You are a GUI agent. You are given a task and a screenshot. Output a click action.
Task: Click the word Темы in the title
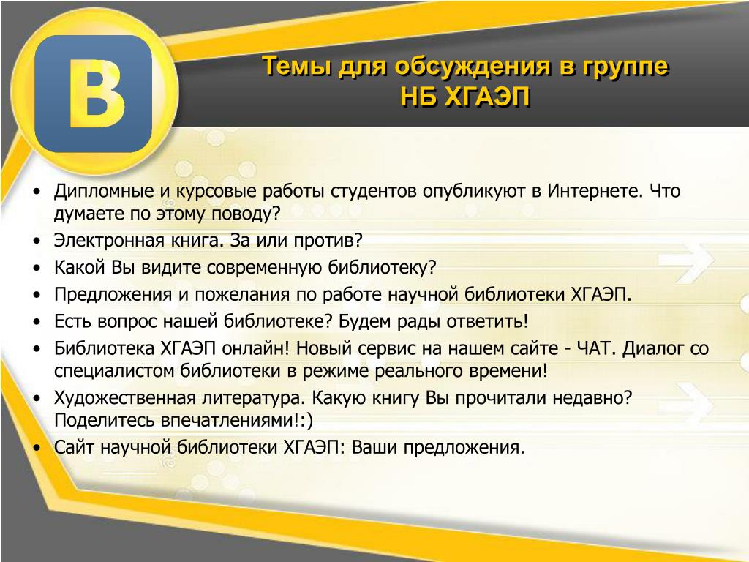pyautogui.click(x=297, y=65)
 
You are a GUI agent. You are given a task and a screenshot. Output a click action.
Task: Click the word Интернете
pyautogui.click(x=592, y=191)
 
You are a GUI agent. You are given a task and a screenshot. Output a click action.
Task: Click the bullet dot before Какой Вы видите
pyautogui.click(x=37, y=268)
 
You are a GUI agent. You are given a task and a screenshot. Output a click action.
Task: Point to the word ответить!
pyautogui.click(x=487, y=322)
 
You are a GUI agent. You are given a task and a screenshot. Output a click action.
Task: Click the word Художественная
pyautogui.click(x=125, y=398)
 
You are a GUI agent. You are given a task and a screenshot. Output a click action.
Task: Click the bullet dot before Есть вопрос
pyautogui.click(x=37, y=322)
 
